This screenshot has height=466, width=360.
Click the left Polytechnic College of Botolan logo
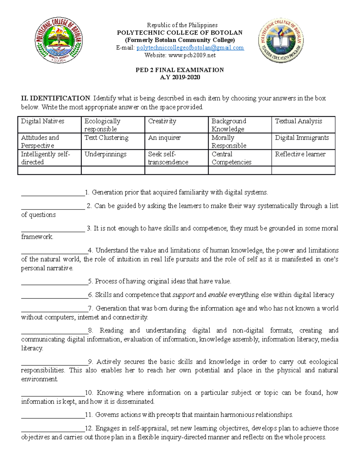coord(59,40)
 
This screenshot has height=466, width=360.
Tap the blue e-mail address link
coord(190,48)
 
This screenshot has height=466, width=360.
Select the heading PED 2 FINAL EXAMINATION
coord(180,70)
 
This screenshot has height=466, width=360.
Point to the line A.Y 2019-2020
coord(180,77)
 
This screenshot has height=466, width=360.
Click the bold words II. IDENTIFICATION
coord(55,98)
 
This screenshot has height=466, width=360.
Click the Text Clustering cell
coord(106,138)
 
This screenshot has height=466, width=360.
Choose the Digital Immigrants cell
coord(302,138)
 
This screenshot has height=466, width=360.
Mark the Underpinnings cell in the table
coord(106,154)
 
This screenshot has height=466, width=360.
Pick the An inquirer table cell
coord(164,138)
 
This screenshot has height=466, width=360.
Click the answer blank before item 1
coord(53,194)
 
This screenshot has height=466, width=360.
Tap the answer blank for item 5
coord(54,283)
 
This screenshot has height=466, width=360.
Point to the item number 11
coord(88,415)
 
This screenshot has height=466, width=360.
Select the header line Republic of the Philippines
coord(182,25)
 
